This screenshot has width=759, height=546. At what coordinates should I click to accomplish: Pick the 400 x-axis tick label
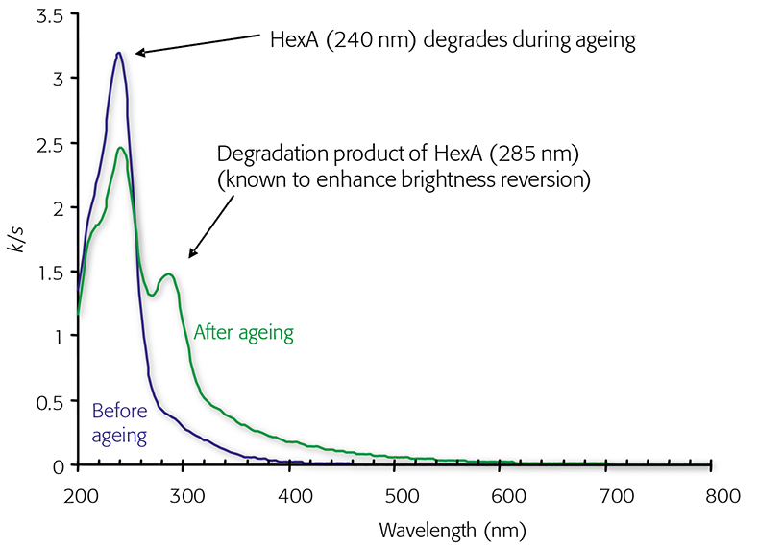point(295,496)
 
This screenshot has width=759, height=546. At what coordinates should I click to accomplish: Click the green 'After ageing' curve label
point(243,333)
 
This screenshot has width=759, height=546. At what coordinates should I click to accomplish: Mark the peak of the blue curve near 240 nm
point(118,53)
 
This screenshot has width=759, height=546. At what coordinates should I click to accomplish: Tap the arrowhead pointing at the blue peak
point(138,53)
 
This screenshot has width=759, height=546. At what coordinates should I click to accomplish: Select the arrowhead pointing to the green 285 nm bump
point(191,255)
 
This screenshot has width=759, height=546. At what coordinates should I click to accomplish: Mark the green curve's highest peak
point(120,148)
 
